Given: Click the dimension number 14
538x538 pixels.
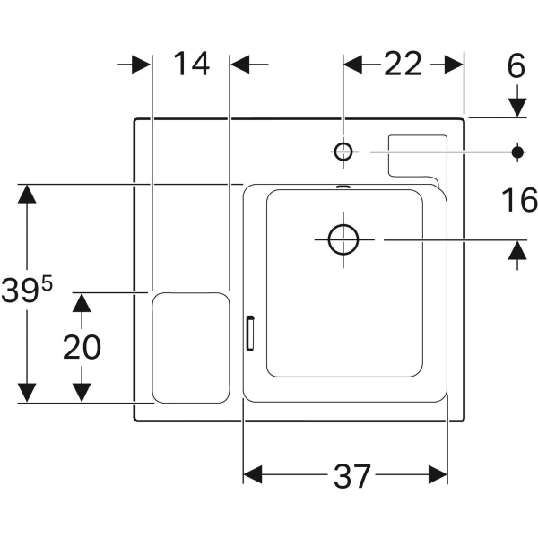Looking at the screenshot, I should coord(191,65).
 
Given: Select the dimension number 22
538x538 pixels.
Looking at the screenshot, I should coord(403,65).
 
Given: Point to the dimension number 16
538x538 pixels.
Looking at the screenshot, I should coord(517,201).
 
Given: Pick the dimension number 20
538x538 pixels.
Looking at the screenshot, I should coord(82,347).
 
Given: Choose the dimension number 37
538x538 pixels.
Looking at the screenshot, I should coord(351,476).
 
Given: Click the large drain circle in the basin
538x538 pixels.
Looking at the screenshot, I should coord(343,239).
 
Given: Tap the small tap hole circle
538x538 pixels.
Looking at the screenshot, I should coord(343,152).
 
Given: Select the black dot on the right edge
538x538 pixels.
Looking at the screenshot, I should coord(517,152).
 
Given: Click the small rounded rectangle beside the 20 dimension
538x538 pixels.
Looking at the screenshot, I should coord(191,347).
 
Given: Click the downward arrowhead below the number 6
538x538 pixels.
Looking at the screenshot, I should coord(517,108).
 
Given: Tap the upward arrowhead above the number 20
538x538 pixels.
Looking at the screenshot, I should coord(82,302).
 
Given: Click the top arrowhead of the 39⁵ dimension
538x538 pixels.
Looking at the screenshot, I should coord(27,194).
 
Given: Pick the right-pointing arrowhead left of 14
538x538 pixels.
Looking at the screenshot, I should coord(141,65).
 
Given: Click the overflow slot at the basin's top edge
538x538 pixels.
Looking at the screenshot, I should coord(343,187).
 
